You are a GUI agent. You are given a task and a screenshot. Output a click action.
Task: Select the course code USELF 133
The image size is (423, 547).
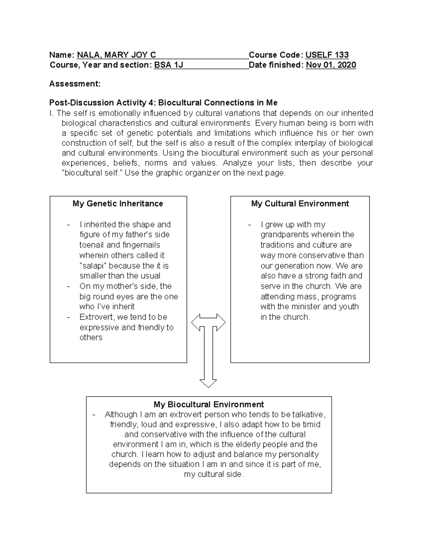click(327, 55)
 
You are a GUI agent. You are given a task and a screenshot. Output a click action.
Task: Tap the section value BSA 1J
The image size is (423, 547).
click(168, 65)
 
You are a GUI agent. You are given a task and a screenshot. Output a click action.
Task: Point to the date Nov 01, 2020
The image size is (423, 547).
click(331, 65)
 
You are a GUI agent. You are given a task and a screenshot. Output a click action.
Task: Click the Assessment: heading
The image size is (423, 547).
click(75, 84)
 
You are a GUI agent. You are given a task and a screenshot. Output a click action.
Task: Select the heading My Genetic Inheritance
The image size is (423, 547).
click(118, 204)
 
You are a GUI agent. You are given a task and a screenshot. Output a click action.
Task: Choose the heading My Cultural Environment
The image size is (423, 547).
click(300, 204)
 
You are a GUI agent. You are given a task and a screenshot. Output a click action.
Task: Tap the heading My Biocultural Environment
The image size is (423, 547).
click(209, 404)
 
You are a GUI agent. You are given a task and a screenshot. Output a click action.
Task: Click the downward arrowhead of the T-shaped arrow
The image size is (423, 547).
click(208, 383)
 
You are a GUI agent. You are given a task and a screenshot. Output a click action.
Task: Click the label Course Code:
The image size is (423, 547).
click(276, 55)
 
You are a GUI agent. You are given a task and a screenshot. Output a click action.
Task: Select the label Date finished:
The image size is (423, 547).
click(276, 65)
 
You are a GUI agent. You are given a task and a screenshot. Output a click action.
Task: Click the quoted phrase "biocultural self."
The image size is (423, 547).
click(92, 173)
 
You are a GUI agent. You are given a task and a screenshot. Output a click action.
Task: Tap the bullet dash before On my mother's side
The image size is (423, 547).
click(68, 286)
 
